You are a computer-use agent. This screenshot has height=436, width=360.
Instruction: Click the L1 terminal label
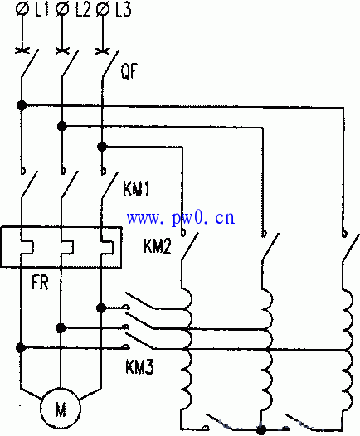(41, 9)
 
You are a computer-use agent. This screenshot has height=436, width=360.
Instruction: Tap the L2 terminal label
(83, 10)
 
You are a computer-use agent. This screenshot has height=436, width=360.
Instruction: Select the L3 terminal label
(124, 10)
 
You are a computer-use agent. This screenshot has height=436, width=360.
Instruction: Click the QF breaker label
(129, 71)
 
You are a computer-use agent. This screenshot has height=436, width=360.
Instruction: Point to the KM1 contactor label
(136, 189)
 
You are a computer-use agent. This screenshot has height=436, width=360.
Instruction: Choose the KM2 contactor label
(157, 245)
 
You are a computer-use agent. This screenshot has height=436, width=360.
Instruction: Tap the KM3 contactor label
(139, 366)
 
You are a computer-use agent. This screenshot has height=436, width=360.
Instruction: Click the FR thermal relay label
(40, 283)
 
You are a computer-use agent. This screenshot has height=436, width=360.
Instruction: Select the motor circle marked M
(61, 408)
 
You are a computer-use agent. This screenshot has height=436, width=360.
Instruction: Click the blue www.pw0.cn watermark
(181, 218)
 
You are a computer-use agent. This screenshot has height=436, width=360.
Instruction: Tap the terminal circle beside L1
(22, 9)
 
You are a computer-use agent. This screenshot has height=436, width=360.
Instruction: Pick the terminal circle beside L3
(103, 9)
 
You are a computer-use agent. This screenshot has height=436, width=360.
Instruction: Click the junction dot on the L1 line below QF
(22, 105)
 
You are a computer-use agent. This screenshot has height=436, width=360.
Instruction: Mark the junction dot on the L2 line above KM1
(61, 126)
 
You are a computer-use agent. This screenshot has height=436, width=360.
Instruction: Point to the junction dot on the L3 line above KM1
(102, 147)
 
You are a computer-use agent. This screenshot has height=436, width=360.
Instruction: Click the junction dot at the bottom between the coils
(261, 430)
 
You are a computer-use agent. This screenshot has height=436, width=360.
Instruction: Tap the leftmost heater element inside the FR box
(27, 247)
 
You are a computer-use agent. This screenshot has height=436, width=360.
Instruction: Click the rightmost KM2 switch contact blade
(351, 248)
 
